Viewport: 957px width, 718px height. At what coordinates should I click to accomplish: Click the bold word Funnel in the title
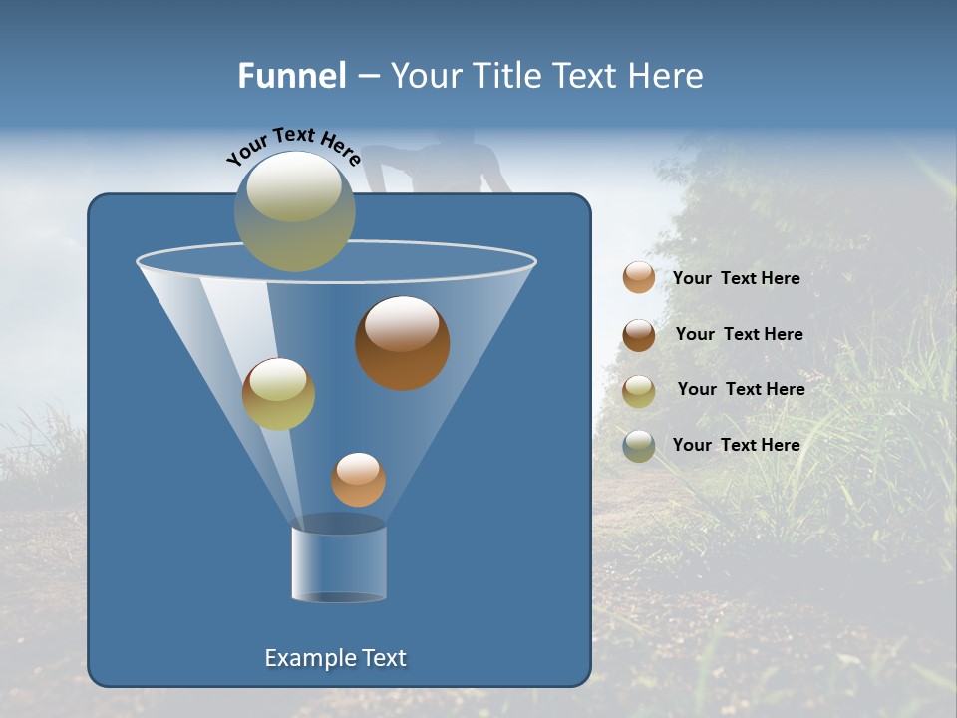click(x=292, y=75)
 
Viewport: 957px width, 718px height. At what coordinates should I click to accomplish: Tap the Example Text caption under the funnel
click(x=336, y=658)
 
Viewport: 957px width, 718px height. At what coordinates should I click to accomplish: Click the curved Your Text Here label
click(x=293, y=145)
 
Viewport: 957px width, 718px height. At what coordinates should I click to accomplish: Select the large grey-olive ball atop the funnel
click(x=295, y=211)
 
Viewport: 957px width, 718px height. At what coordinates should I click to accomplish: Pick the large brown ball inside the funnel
click(x=403, y=343)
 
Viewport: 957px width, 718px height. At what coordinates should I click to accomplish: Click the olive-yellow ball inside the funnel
click(x=278, y=394)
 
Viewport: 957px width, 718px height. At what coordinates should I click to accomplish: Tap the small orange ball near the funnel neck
click(x=358, y=480)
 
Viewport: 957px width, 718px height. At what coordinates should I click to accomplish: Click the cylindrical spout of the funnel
click(x=339, y=563)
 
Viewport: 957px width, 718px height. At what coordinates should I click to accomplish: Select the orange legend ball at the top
click(x=639, y=278)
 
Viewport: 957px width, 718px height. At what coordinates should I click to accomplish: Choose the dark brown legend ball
click(x=639, y=335)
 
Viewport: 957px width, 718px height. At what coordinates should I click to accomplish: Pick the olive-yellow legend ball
click(x=639, y=391)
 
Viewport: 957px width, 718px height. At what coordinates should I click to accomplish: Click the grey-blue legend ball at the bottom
click(x=639, y=446)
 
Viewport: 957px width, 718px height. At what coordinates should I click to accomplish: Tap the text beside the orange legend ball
click(x=737, y=279)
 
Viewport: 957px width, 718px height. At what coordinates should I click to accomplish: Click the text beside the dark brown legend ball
click(x=740, y=335)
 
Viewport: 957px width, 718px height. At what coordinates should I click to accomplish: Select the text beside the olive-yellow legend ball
click(x=742, y=390)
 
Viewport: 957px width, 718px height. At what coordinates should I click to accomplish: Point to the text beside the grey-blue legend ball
click(x=737, y=446)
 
